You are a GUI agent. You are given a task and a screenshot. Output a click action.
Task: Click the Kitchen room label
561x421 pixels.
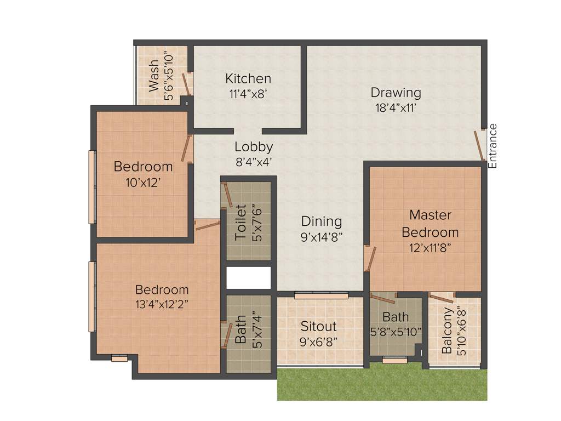(x=248, y=79)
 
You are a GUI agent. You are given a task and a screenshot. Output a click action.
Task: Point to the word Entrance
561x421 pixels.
(x=493, y=146)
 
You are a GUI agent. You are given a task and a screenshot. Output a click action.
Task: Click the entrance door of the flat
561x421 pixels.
(x=479, y=145)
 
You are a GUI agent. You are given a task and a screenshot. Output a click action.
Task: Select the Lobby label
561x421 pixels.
(x=254, y=147)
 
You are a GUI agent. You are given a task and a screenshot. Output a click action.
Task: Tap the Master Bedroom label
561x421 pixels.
(x=430, y=223)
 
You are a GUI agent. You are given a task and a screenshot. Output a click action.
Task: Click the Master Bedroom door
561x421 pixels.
(x=371, y=258)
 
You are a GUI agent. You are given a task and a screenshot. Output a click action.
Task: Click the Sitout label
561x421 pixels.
(x=318, y=326)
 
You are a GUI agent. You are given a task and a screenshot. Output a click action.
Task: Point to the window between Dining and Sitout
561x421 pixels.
(x=321, y=296)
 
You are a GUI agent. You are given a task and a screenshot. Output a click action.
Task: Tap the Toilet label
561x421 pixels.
(x=241, y=222)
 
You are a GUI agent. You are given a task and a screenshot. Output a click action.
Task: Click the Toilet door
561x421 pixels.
(x=227, y=196)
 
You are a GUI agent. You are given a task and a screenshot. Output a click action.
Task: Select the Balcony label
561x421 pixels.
(x=447, y=330)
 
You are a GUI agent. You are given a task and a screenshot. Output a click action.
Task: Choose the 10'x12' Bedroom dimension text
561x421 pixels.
(x=142, y=183)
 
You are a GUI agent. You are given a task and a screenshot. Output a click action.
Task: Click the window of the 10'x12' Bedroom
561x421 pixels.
(x=93, y=186)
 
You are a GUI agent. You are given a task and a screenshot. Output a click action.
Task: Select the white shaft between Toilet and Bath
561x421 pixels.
(x=249, y=278)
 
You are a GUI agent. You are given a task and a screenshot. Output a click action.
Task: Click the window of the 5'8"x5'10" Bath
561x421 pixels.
(x=394, y=360)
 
